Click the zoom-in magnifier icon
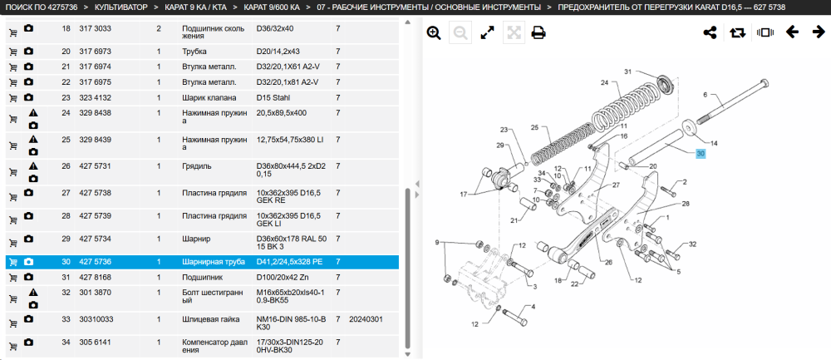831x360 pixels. [x=434, y=33]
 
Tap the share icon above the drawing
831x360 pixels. [x=710, y=32]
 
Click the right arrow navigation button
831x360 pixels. [x=819, y=32]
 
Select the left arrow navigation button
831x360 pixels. [x=792, y=32]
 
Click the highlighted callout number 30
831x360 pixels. [x=701, y=154]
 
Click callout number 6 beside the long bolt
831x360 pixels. [x=706, y=95]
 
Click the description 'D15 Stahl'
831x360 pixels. [x=273, y=98]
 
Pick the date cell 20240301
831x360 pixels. [x=366, y=320]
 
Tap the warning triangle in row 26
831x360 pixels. [x=33, y=166]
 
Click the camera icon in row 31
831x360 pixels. [x=28, y=277]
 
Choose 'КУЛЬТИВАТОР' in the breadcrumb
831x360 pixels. [x=120, y=7]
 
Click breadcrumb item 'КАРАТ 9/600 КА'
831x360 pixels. [x=272, y=7]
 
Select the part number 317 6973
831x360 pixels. [x=95, y=52]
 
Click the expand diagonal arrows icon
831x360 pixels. [x=487, y=33]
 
